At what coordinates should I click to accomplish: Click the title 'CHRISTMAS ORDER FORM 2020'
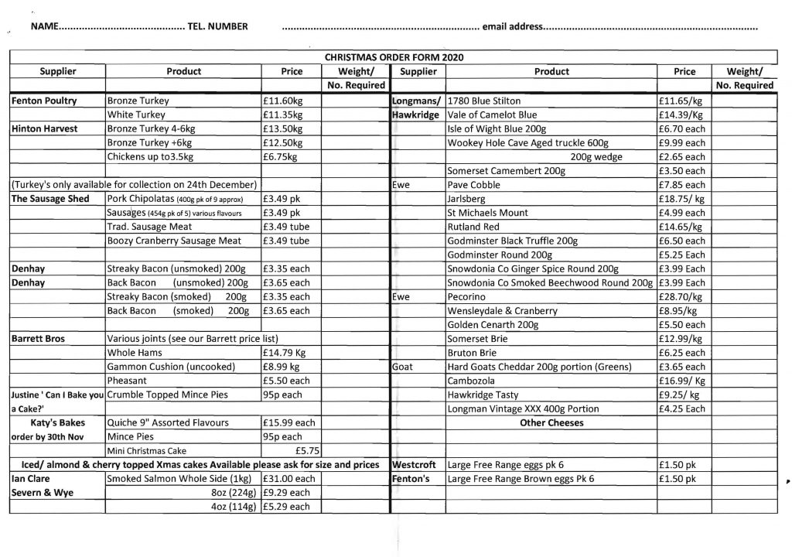[x=394, y=57]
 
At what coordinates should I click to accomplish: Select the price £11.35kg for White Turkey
[x=282, y=114]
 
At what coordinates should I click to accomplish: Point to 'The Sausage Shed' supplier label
[x=49, y=199]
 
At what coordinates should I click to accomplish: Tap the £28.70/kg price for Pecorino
[x=680, y=296]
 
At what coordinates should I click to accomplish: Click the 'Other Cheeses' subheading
[x=551, y=422]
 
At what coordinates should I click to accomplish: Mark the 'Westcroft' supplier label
[x=416, y=465]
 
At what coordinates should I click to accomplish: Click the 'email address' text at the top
[x=512, y=27]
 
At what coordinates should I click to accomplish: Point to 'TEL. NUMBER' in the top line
[x=217, y=27]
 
